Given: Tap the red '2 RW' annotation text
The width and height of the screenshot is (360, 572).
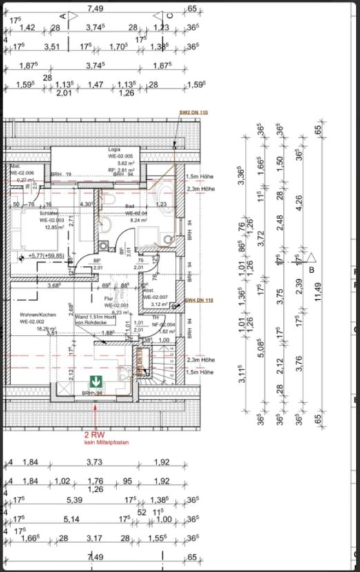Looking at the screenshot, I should click(x=94, y=435).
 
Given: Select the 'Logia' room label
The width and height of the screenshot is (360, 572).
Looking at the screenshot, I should click(x=114, y=149).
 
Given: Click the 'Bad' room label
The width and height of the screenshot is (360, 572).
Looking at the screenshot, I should click(x=129, y=206).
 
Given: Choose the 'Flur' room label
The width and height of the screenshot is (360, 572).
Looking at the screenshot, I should click(x=108, y=298).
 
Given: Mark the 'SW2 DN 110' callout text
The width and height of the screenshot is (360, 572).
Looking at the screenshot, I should click(x=192, y=112).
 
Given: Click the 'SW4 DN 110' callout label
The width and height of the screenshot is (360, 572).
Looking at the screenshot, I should click(x=199, y=300).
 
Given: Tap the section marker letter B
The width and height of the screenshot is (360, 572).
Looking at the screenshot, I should click(x=311, y=269).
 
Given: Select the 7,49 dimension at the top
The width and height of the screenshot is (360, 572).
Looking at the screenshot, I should click(x=95, y=9).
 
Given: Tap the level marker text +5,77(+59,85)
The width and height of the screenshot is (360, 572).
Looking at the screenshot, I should click(x=46, y=256).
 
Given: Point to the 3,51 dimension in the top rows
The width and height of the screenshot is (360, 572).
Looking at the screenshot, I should click(x=52, y=47).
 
